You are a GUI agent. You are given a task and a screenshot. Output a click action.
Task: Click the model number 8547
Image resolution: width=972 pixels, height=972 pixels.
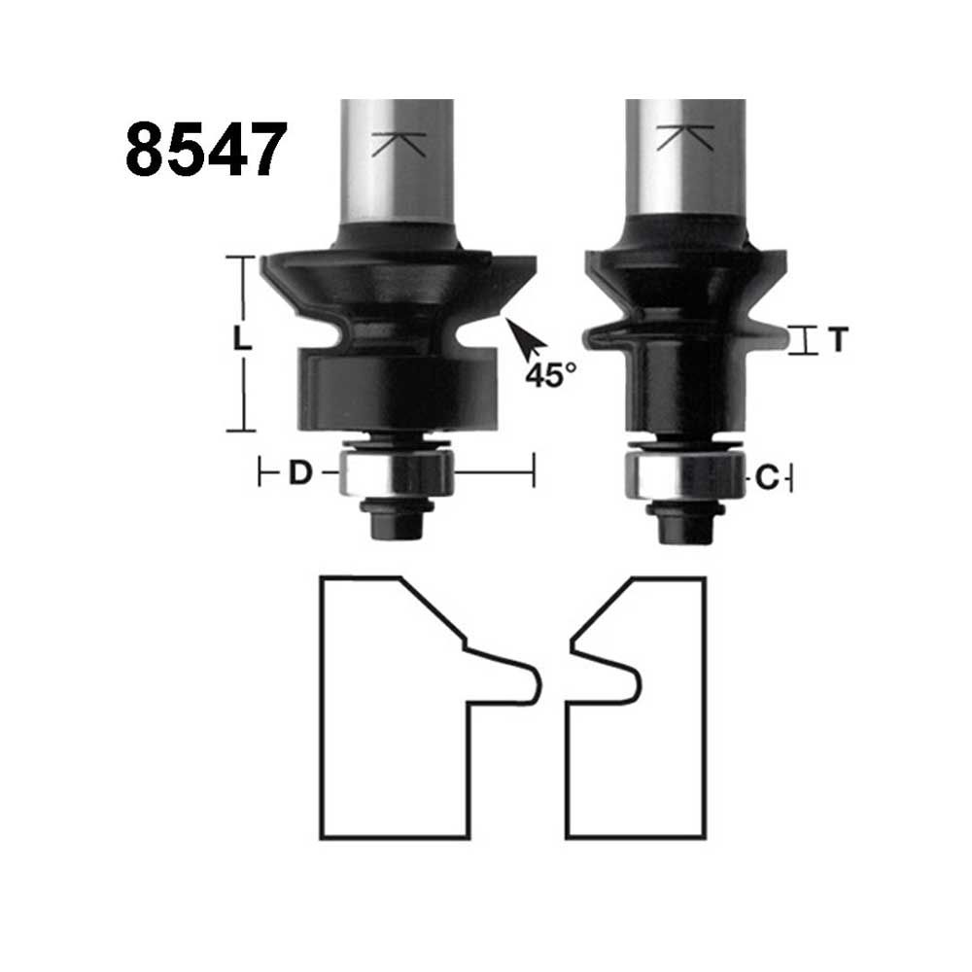[206, 149]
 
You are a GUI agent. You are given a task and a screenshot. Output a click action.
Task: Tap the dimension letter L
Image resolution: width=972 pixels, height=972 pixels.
[242, 338]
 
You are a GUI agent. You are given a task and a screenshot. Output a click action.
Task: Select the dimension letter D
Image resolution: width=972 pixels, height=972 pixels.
[300, 473]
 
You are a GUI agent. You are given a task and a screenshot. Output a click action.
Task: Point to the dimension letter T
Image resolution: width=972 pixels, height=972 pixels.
[838, 339]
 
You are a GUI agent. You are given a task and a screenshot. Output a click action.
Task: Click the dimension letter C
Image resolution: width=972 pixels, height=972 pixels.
[768, 478]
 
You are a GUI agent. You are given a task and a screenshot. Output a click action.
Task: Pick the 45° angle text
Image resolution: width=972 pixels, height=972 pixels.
[550, 375]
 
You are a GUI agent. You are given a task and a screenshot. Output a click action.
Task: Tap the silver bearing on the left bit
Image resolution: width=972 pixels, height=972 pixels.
[398, 473]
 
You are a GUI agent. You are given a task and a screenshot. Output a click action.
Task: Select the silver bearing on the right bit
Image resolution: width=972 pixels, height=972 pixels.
[684, 475]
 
